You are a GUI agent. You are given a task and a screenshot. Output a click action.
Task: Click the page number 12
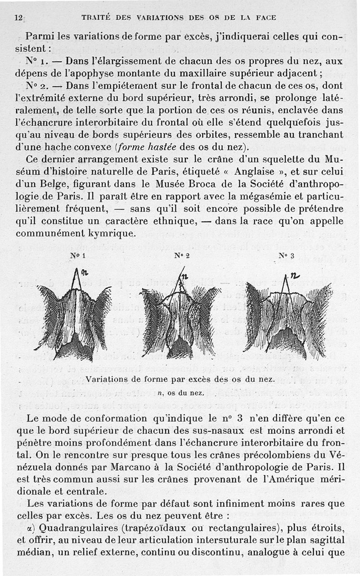(18, 18)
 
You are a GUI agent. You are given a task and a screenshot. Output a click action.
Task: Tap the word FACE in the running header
(265, 18)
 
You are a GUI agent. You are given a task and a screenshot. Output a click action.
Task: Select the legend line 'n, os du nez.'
(179, 393)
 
